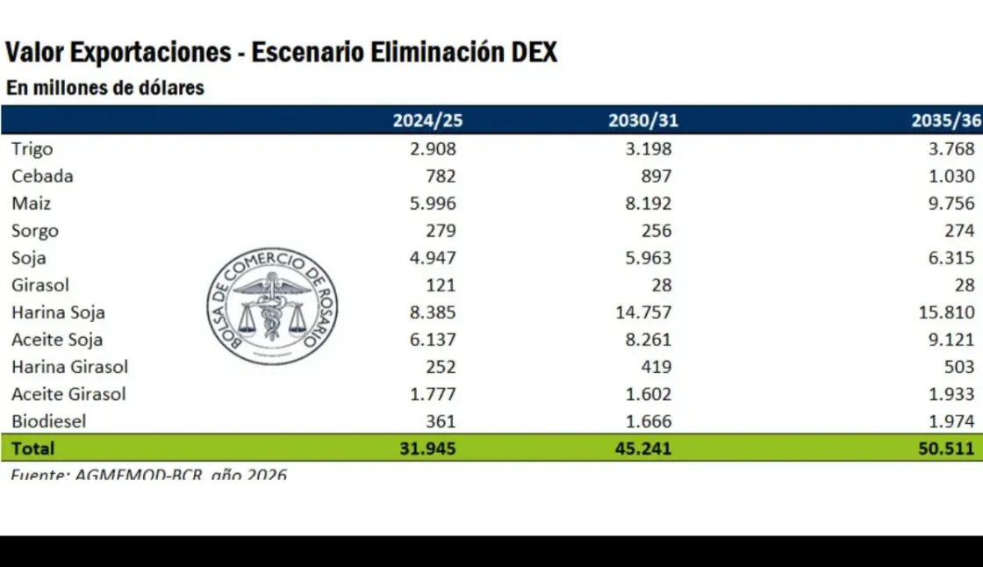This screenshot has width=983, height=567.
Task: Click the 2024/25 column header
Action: click(424, 121)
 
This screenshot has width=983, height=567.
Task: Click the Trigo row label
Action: click(32, 149)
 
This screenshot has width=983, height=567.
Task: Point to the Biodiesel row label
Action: click(49, 421)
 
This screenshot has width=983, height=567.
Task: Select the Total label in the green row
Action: click(33, 449)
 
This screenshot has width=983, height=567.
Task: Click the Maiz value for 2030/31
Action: click(644, 204)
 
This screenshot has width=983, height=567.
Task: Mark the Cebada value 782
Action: click(440, 176)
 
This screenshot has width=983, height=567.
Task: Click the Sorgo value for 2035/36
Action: click(958, 231)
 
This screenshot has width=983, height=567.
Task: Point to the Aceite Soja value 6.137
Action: click(433, 340)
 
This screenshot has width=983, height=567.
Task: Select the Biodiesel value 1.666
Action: click(644, 421)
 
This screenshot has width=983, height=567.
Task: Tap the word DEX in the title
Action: click(533, 53)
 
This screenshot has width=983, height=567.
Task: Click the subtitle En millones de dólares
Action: click(105, 88)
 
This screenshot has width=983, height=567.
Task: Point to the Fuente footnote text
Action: click(149, 475)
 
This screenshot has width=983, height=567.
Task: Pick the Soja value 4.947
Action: click(433, 258)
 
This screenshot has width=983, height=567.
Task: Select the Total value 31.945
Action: click(425, 449)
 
